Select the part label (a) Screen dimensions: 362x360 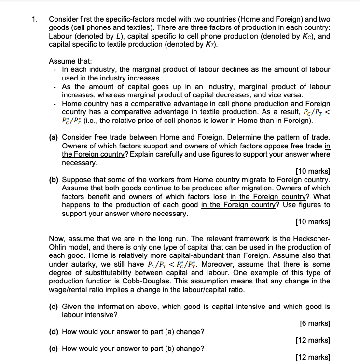pos(55,137)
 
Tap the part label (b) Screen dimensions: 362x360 pos(55,180)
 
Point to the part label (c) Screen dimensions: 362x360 pos(55,306)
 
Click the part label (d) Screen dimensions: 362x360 pos(55,332)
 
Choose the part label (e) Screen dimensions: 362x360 pos(55,349)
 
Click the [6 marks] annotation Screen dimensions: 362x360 pos(315,323)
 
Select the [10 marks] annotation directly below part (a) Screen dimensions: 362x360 pos(313,172)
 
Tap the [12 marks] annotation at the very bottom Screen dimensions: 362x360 pos(313,357)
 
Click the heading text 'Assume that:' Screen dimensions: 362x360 pos(70,61)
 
